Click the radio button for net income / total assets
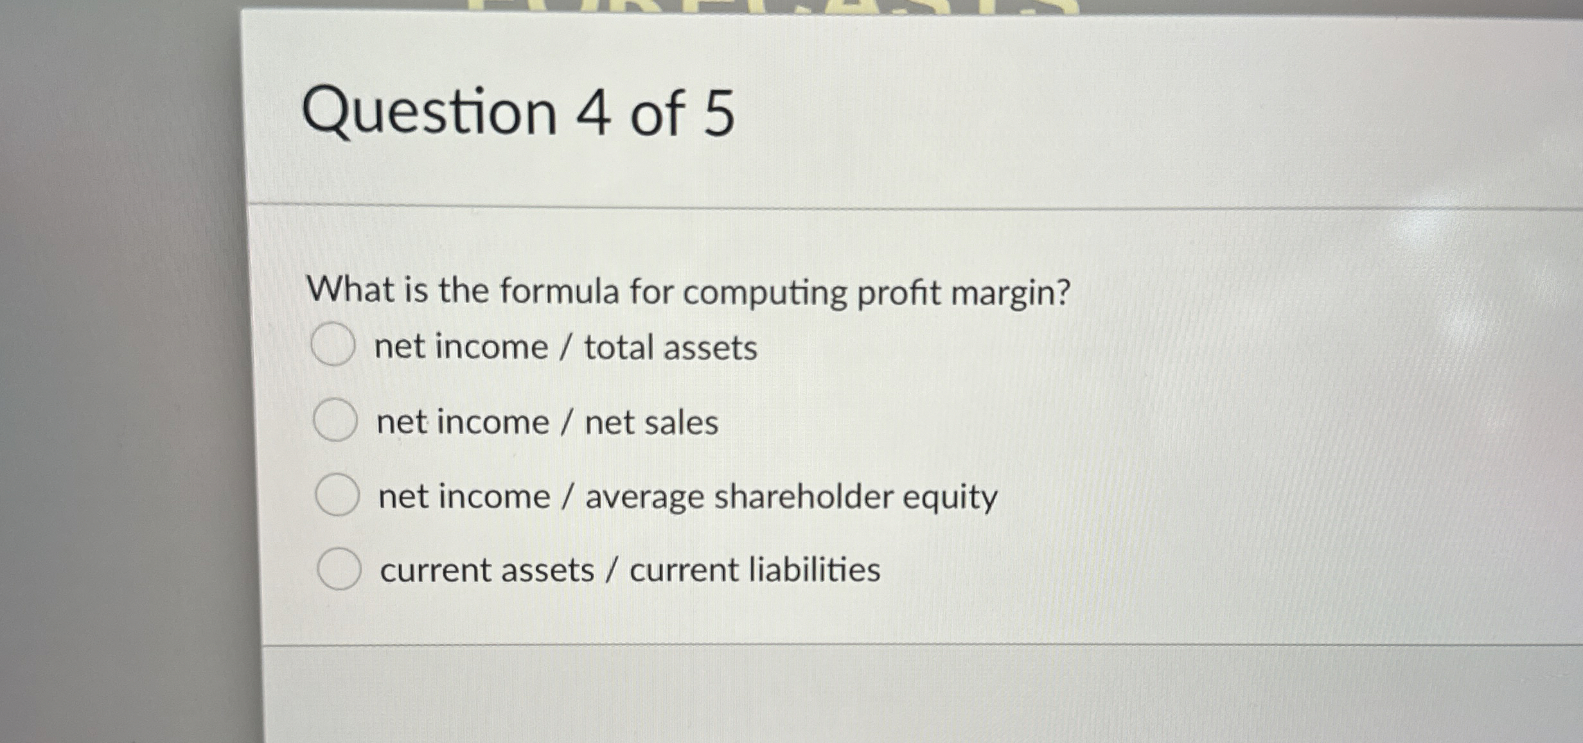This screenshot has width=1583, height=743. [333, 345]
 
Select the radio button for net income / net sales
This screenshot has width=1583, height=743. [335, 420]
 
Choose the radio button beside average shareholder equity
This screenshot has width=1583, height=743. [337, 495]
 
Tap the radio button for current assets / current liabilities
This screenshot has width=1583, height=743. [339, 569]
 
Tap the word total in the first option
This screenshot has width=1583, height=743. [619, 347]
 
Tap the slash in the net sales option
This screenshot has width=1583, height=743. [567, 423]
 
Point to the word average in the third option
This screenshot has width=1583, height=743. [644, 498]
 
